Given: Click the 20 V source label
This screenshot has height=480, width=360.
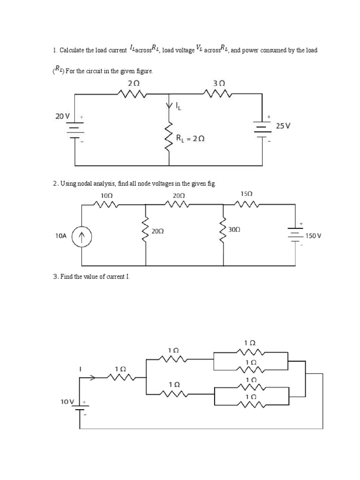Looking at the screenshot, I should pyautogui.click(x=62, y=116).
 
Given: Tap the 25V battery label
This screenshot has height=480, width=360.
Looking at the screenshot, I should pyautogui.click(x=284, y=126).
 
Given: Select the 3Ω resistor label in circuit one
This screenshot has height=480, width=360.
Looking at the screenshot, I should pyautogui.click(x=219, y=83).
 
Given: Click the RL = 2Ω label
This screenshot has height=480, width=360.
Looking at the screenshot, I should pyautogui.click(x=190, y=139).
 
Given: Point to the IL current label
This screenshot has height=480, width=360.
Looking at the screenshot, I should pyautogui.click(x=178, y=107).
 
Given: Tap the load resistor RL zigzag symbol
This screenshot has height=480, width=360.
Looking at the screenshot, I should pyautogui.click(x=169, y=136).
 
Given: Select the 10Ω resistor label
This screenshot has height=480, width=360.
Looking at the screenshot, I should pyautogui.click(x=106, y=195).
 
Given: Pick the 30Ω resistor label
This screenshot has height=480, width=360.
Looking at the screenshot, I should pyautogui.click(x=234, y=230).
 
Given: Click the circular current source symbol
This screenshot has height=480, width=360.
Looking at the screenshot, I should pyautogui.click(x=82, y=237).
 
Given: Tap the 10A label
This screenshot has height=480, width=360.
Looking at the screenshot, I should pyautogui.click(x=61, y=237).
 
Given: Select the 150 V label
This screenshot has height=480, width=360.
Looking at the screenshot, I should pyautogui.click(x=313, y=236).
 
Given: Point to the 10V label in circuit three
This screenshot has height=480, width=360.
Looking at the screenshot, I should pyautogui.click(x=67, y=402).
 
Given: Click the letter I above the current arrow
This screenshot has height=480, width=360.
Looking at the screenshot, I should pyautogui.click(x=80, y=369).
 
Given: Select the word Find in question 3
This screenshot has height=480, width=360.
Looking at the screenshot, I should pyautogui.click(x=66, y=277).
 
